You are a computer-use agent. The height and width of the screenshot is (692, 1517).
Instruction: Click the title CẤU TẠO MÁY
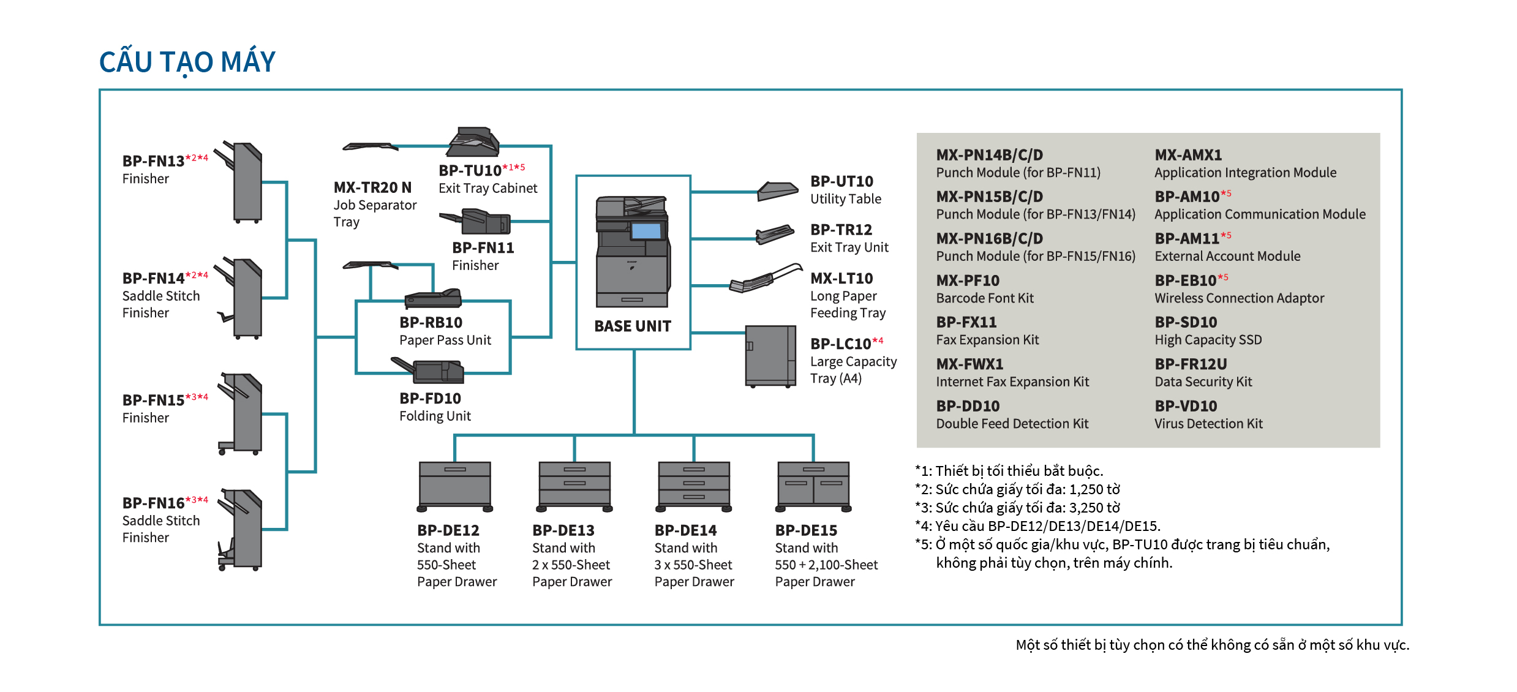(187, 62)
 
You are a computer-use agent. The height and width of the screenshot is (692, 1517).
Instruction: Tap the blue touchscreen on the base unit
(646, 231)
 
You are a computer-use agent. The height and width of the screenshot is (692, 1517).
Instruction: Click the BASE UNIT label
(633, 326)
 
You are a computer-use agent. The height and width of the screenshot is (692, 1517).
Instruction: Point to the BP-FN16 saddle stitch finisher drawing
(240, 529)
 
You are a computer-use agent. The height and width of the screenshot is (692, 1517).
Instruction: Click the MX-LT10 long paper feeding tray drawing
(766, 279)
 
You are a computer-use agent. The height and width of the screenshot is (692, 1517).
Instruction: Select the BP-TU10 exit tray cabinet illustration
(473, 141)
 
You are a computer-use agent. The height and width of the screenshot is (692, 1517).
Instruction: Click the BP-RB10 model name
(431, 323)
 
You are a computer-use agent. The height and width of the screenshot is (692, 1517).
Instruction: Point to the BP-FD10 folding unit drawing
(428, 370)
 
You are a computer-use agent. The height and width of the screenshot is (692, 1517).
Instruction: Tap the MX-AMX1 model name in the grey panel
(1188, 155)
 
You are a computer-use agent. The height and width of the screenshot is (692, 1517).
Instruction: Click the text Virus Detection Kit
(1208, 424)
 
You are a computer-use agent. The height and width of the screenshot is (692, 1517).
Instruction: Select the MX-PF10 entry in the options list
(968, 280)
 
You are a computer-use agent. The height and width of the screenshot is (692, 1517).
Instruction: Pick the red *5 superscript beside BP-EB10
(1222, 277)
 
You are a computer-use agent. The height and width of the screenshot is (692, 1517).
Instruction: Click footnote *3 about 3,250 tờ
(1017, 508)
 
